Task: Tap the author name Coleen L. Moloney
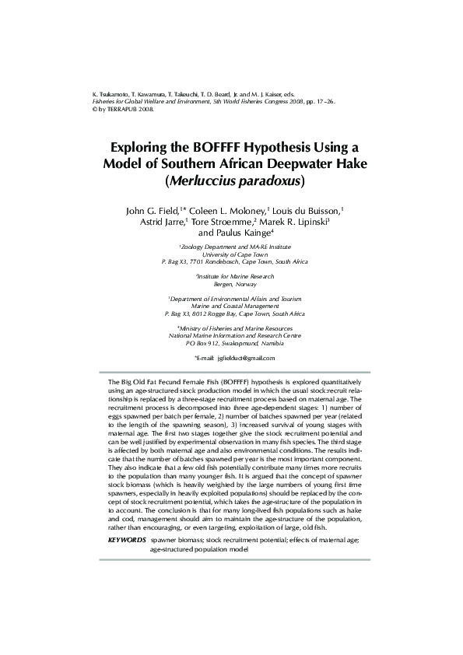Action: pyautogui.click(x=228, y=211)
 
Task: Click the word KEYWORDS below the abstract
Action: pyautogui.click(x=127, y=539)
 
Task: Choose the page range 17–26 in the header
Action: pyautogui.click(x=324, y=101)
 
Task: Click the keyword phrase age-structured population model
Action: pyautogui.click(x=199, y=548)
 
